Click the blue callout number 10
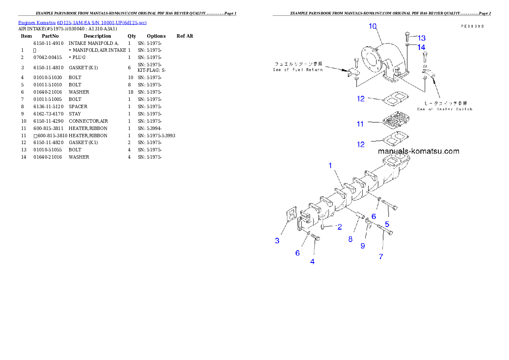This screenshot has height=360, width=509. [373, 26]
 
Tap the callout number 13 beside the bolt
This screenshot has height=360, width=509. [421, 38]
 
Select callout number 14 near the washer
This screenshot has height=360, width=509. [421, 47]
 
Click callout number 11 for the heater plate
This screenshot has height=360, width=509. [360, 124]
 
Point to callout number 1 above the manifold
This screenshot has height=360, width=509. [330, 165]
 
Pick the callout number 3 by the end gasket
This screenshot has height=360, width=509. [277, 241]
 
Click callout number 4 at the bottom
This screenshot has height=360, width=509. [312, 262]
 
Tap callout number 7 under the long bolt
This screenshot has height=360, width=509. [381, 257]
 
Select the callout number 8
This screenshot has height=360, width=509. [350, 239]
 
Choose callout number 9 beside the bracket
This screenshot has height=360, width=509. [363, 246]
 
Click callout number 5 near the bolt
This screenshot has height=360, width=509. [387, 224]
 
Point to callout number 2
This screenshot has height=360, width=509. [340, 227]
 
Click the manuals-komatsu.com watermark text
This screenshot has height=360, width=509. [418, 151]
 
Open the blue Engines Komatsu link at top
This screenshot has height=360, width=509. [82, 22]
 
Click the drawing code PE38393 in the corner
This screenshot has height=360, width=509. [472, 26]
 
